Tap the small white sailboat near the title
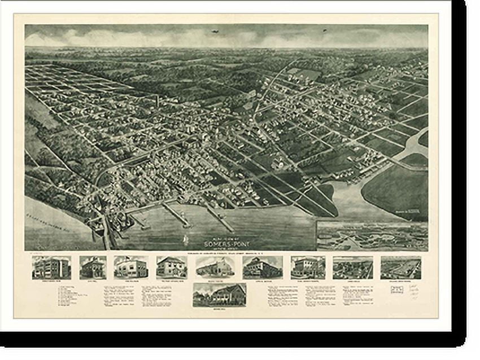(x=186, y=240)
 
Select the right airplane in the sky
(x=325, y=30)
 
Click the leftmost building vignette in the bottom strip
(x=51, y=267)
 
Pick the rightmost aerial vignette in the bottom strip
(x=400, y=267)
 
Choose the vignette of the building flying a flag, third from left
(x=130, y=267)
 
